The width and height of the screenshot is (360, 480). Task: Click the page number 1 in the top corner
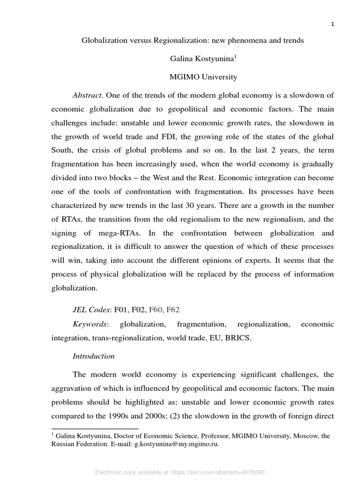(x=332, y=25)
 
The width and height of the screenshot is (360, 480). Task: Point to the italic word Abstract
(x=87, y=95)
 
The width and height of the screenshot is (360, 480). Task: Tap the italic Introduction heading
(x=93, y=356)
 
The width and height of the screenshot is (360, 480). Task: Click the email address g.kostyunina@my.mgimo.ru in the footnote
(x=177, y=444)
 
